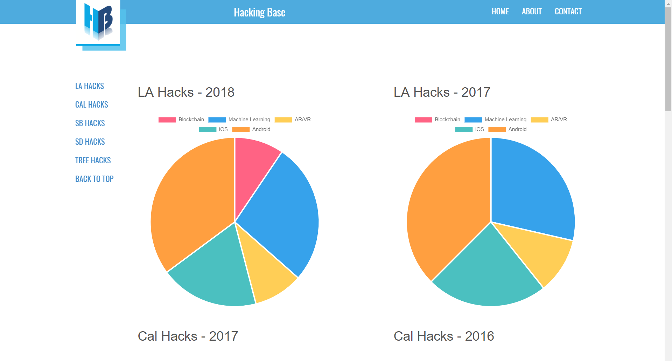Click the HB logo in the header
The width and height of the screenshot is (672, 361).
click(99, 22)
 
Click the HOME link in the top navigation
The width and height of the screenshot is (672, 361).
click(500, 12)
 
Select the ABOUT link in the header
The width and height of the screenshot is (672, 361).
click(532, 12)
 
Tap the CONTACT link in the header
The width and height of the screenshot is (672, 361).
click(568, 12)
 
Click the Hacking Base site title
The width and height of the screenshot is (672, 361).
click(259, 12)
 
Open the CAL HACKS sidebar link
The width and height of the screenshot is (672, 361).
click(91, 105)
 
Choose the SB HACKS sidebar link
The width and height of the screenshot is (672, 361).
click(90, 123)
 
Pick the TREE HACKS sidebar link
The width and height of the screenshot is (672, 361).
click(93, 161)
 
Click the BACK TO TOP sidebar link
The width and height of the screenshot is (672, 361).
click(94, 179)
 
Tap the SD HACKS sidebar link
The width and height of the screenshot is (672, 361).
click(90, 142)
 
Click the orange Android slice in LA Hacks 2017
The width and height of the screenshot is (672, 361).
click(448, 210)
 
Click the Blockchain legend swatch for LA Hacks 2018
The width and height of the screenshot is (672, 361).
click(167, 120)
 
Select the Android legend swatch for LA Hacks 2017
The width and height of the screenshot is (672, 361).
click(497, 130)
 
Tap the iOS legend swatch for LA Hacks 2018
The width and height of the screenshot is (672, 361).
click(207, 130)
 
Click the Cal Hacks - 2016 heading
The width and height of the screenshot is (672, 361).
click(444, 336)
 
